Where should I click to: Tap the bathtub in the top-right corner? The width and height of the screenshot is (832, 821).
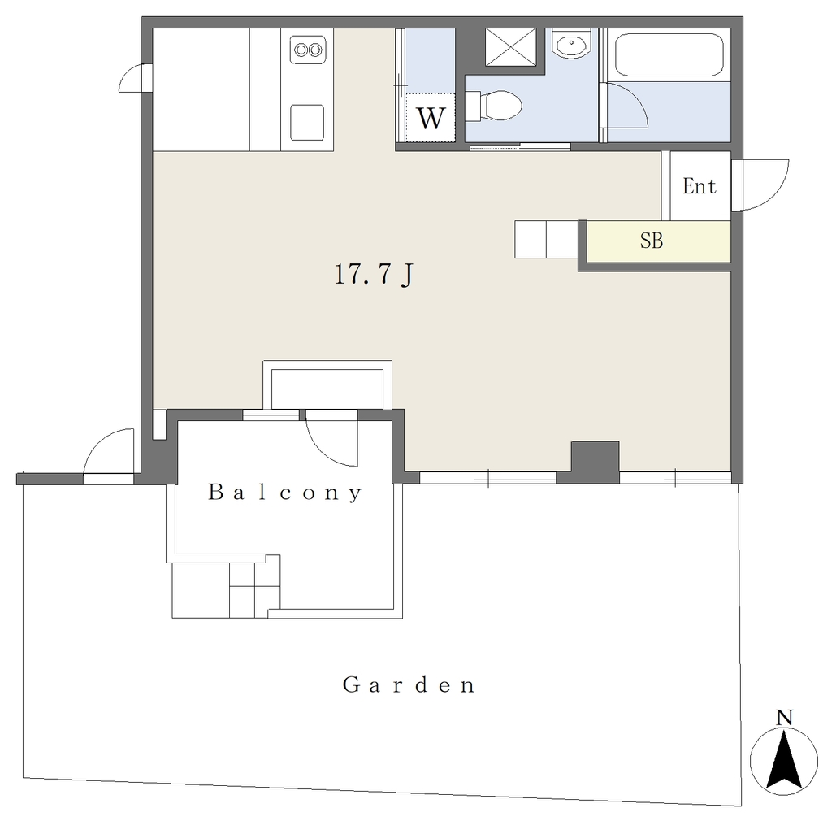coord(669,55)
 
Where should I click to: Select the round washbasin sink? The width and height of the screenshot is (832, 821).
coord(571,44)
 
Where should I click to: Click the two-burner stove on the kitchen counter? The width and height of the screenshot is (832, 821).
coord(308,50)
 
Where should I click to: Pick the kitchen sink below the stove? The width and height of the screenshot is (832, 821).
coord(307,122)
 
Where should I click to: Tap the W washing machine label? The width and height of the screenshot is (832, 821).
coord(431,118)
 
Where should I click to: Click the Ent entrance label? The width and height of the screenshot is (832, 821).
coord(700,186)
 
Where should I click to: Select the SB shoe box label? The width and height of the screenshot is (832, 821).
coord(652,241)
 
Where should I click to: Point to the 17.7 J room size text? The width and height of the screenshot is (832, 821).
coord(374,275)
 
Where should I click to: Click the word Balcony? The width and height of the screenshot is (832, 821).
coord(285,493)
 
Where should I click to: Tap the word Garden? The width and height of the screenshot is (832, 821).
coord(409,684)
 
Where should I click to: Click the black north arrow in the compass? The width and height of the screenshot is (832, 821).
coord(784,760)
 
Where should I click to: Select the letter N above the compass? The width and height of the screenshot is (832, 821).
coord(784,718)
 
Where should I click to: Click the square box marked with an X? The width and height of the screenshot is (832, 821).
coord(511,47)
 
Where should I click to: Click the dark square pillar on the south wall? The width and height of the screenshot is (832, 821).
coord(595,461)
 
